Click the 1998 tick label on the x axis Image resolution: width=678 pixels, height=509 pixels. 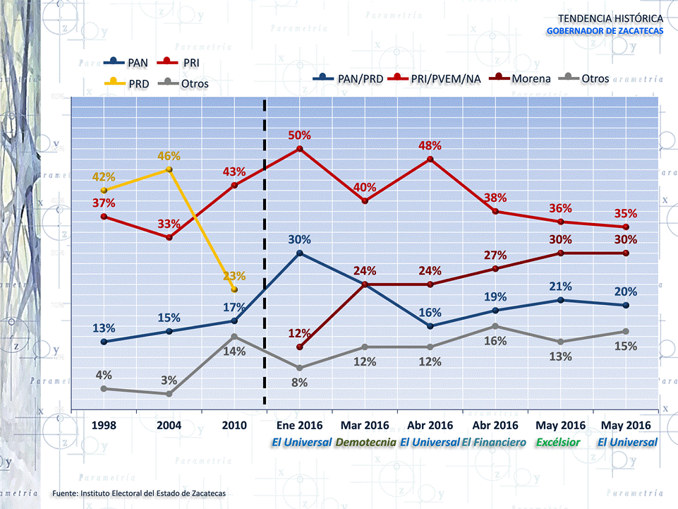tap(104, 426)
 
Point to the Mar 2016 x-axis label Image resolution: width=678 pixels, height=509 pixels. tap(365, 426)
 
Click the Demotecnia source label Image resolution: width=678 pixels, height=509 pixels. tap(365, 443)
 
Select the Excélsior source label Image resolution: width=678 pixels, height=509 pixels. tap(558, 443)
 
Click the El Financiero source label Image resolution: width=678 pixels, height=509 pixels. tap(494, 443)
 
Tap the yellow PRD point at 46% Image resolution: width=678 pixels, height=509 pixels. tap(169, 169)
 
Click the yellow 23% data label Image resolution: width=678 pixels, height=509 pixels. tap(234, 276)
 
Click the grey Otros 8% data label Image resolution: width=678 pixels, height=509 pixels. tap(300, 383)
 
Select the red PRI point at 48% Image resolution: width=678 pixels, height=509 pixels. tap(430, 160)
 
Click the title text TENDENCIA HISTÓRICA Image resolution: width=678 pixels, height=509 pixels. tap(610, 18)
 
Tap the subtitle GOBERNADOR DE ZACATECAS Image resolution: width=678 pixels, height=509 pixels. tap(605, 31)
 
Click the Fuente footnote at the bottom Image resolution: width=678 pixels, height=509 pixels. tap(139, 493)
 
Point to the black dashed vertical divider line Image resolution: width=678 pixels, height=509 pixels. tap(265, 254)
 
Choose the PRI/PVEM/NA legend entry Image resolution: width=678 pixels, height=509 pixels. tap(437, 78)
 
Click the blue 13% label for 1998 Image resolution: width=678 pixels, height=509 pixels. tap(104, 328)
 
